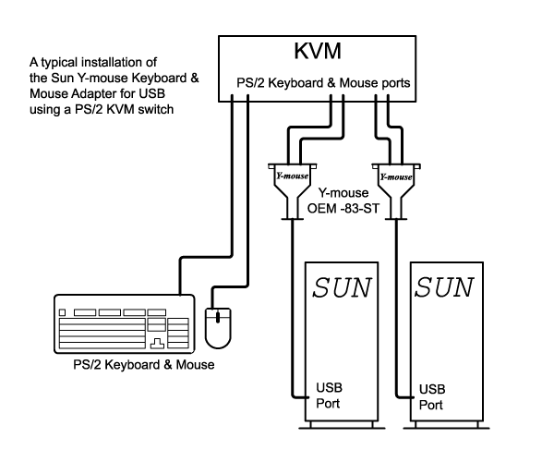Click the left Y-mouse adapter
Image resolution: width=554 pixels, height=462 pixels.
tap(292, 184)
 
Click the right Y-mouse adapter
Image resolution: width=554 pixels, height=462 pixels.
tap(395, 184)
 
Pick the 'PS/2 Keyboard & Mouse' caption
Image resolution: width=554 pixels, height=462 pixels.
tap(144, 365)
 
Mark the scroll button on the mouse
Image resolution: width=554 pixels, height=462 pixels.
tap(218, 318)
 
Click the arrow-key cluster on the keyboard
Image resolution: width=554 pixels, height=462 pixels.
tap(158, 343)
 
